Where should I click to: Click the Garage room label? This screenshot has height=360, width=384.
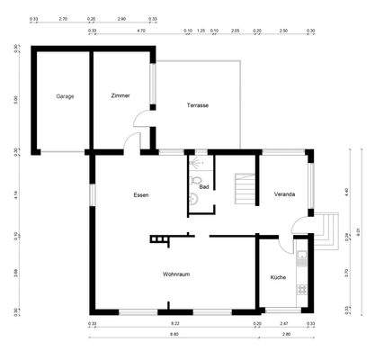[x=64, y=95]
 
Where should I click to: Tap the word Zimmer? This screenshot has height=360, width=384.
[x=121, y=95]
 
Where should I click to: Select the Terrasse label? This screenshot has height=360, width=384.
[x=198, y=105]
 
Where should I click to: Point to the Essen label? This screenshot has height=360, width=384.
[x=140, y=194]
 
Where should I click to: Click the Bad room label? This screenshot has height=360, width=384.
[x=204, y=187]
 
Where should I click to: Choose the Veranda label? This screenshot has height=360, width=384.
[x=284, y=194]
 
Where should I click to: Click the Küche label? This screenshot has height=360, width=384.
[x=278, y=278]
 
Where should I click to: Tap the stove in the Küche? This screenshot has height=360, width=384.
[x=302, y=291]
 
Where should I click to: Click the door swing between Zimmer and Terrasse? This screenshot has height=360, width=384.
[x=141, y=120]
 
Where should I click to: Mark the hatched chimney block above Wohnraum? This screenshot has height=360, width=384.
[x=159, y=239]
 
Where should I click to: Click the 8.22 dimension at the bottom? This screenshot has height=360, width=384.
[x=175, y=323]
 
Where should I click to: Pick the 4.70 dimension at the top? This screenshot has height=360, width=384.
[x=141, y=31]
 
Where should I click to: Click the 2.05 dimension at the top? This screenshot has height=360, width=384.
[x=234, y=31]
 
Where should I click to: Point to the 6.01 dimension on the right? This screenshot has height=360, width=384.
[x=358, y=231]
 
